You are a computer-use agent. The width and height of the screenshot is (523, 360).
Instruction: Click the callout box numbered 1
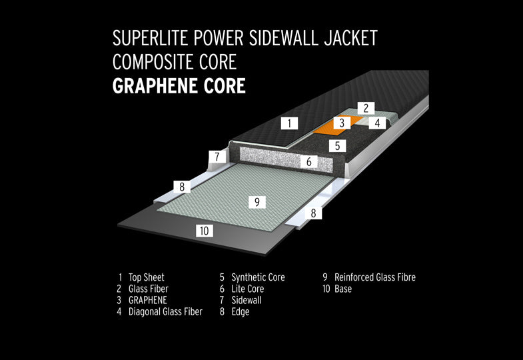tap(289, 123)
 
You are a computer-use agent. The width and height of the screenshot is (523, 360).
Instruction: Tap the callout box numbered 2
tap(366, 108)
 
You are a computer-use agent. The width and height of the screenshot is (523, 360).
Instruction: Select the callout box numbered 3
tap(342, 123)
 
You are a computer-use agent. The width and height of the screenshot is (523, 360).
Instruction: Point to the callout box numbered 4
tap(377, 123)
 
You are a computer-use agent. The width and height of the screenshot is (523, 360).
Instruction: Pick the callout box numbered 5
tap(337, 146)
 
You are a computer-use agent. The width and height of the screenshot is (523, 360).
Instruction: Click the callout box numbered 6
tap(308, 162)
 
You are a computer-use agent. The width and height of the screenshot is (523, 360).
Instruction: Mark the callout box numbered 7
tap(217, 157)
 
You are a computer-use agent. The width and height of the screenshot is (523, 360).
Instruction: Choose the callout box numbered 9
tap(257, 202)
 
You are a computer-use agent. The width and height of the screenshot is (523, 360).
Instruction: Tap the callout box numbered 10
tap(204, 231)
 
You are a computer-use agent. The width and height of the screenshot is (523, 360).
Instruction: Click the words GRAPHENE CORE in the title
tap(179, 86)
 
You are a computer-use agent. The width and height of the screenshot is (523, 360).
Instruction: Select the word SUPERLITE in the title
tap(151, 38)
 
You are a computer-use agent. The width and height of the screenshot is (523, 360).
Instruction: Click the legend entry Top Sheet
tap(147, 277)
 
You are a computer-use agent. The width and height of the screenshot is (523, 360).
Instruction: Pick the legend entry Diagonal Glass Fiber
tap(165, 311)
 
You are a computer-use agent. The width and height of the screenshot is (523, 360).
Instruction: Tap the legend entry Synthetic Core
tap(258, 277)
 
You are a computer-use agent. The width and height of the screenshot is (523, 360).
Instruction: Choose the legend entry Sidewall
tap(247, 300)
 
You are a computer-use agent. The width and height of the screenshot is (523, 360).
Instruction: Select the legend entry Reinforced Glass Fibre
tap(375, 277)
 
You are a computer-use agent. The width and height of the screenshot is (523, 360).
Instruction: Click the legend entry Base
tap(343, 289)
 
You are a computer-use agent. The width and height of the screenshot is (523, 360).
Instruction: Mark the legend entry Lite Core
tap(247, 289)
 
